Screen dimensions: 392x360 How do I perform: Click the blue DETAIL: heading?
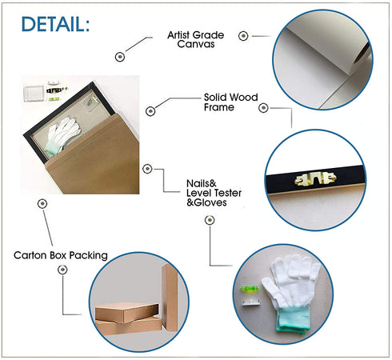point(55,24)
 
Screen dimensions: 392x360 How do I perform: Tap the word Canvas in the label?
point(196,44)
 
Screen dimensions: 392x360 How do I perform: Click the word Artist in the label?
point(178,35)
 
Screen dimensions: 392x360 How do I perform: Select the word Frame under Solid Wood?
point(219,107)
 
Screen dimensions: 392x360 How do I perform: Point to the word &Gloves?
point(206,202)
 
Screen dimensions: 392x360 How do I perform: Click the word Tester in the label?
point(227,193)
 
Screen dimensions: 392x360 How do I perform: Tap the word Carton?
point(30,255)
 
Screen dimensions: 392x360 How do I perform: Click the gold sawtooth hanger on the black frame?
point(315,178)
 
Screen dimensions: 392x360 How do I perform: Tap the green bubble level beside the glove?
point(250,289)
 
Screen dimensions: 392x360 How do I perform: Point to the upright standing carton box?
point(170,298)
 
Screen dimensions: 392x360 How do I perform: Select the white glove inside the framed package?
point(62,135)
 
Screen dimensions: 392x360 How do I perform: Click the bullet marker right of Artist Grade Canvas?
point(243,36)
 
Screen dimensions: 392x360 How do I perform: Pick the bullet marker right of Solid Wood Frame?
point(263,108)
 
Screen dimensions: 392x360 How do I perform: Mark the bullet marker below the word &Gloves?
point(210,220)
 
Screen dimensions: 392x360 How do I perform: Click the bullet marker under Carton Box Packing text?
point(62,270)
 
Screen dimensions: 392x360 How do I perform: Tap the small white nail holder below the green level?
point(250,302)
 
